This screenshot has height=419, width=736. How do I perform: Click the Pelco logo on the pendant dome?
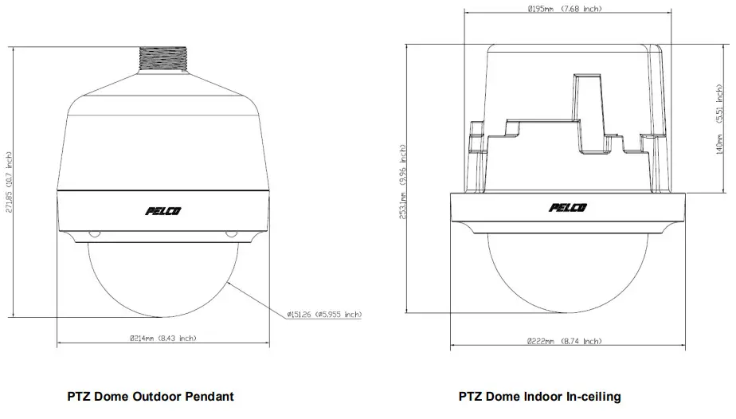coord(162,210)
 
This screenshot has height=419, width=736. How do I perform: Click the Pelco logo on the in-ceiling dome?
coord(567,208)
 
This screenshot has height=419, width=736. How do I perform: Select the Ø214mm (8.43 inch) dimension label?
coord(162,339)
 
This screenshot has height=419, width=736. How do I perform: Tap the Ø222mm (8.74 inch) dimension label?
coord(564,341)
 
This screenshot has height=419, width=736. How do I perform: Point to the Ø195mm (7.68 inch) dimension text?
coord(564,9)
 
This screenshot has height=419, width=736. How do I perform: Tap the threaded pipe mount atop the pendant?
coord(162,57)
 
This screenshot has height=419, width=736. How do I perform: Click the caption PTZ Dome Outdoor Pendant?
coord(151,396)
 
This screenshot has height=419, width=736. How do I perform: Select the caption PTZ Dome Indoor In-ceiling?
coord(539,396)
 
